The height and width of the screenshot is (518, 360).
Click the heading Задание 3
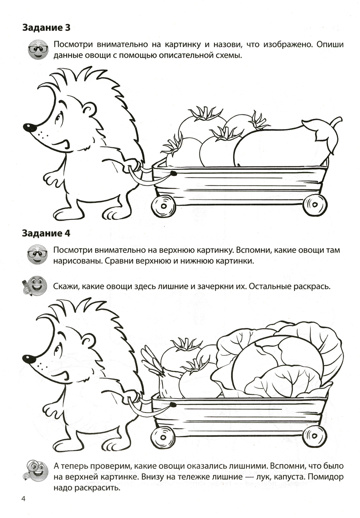tap(46, 28)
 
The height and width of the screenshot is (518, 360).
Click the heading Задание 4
tap(46, 233)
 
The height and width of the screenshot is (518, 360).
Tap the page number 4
tap(23, 504)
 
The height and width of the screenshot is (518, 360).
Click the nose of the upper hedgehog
tap(28, 127)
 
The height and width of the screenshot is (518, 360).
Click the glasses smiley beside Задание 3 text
tap(38, 49)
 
